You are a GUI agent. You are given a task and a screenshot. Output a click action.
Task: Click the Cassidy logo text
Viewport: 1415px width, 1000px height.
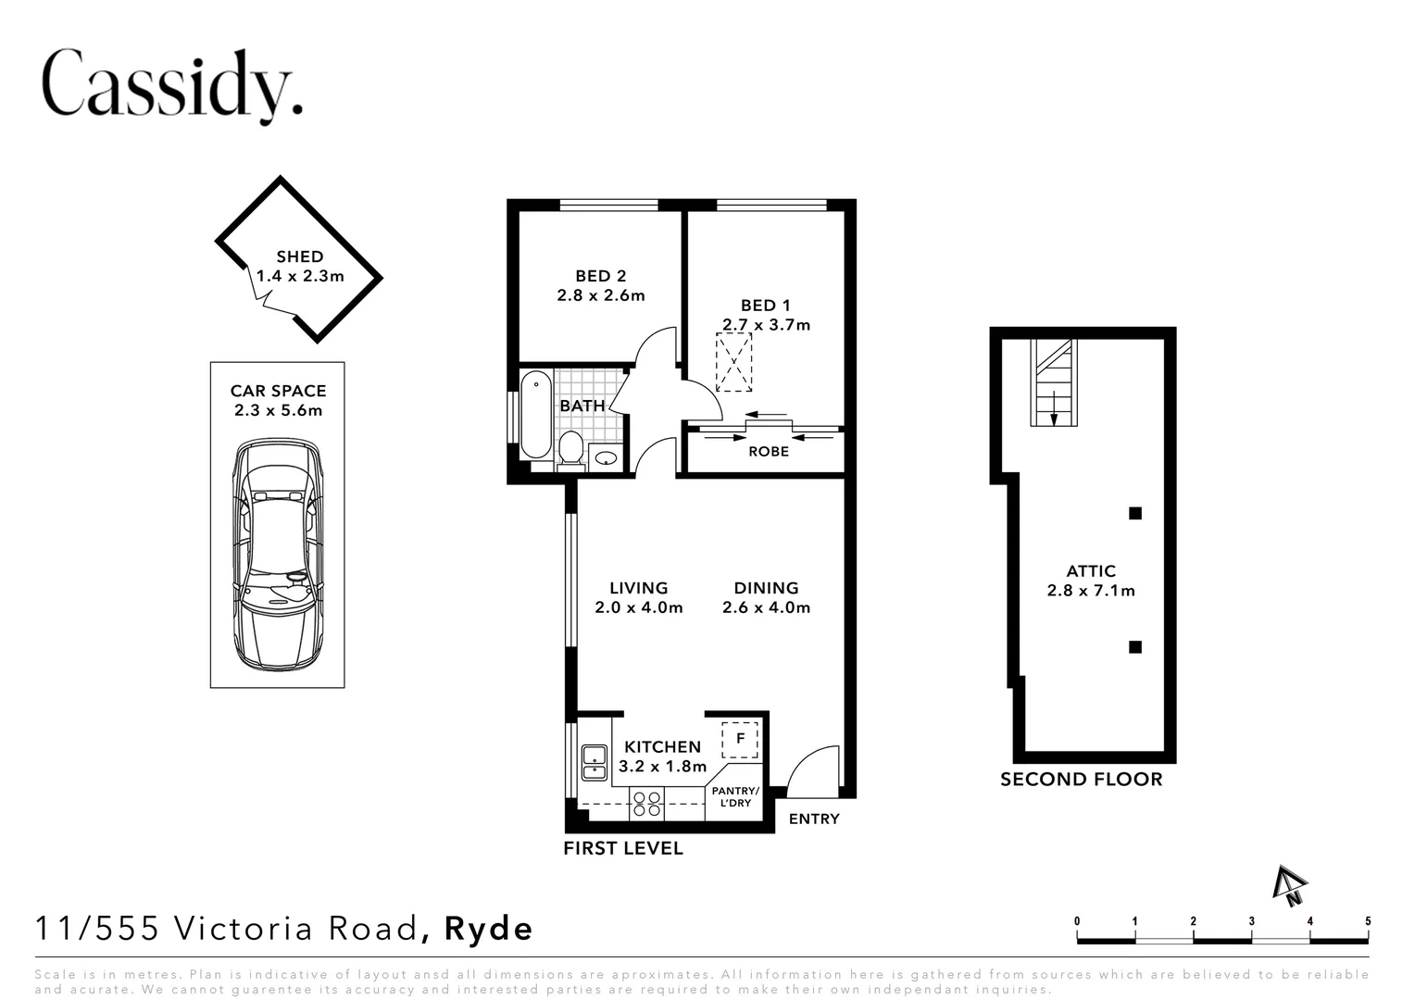[x=172, y=85]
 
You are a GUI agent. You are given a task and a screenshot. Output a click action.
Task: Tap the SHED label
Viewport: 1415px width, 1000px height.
[x=299, y=256]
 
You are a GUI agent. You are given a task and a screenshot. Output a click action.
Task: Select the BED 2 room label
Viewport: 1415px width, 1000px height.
[x=600, y=276]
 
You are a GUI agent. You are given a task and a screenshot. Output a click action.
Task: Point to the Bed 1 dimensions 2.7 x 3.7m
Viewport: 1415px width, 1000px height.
[x=766, y=325]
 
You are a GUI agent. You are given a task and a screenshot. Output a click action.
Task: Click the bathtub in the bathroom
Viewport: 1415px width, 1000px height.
[x=535, y=414]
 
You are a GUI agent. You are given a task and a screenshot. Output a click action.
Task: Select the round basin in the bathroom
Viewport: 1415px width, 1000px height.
[x=606, y=457]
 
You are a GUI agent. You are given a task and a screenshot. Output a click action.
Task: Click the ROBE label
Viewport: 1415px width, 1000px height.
[x=769, y=452]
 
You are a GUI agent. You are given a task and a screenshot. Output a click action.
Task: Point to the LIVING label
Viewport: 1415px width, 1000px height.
[x=638, y=588]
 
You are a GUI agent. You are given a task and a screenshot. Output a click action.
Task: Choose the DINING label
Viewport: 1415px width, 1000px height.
[x=766, y=588]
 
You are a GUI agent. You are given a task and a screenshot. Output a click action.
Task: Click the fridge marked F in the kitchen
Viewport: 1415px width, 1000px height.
[x=740, y=739]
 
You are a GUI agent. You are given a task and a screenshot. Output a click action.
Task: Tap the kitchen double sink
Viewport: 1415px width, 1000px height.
[x=594, y=762]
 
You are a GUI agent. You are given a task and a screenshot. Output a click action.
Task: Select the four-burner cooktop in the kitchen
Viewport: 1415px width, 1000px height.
[x=645, y=802]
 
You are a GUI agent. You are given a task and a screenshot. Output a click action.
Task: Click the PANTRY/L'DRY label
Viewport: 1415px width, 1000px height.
[x=735, y=797]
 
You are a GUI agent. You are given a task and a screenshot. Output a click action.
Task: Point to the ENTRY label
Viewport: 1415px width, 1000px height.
[x=814, y=819]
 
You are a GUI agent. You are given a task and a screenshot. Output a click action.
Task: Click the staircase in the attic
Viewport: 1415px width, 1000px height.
[x=1054, y=382]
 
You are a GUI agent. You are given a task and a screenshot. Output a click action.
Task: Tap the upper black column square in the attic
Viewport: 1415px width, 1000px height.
[x=1134, y=513]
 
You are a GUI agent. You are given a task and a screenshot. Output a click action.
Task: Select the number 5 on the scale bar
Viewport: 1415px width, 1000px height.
[x=1368, y=921]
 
